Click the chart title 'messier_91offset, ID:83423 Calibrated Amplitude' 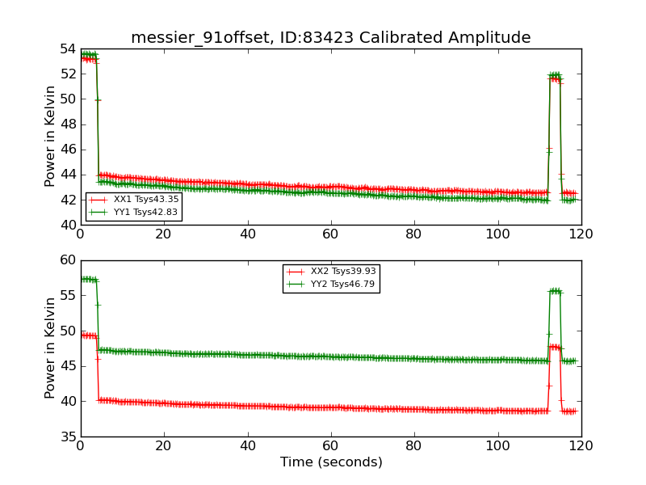tap(330, 37)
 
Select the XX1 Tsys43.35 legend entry tap(134, 199)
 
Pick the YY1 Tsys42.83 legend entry tap(134, 212)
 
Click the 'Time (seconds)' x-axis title tap(331, 462)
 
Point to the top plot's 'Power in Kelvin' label tap(50, 136)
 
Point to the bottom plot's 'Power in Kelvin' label tap(50, 348)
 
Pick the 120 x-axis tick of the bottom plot tap(581, 445)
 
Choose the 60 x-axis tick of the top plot tap(331, 234)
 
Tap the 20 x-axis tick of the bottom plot tap(164, 445)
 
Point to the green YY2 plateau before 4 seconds tap(88, 279)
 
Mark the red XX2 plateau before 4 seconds tap(88, 335)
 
